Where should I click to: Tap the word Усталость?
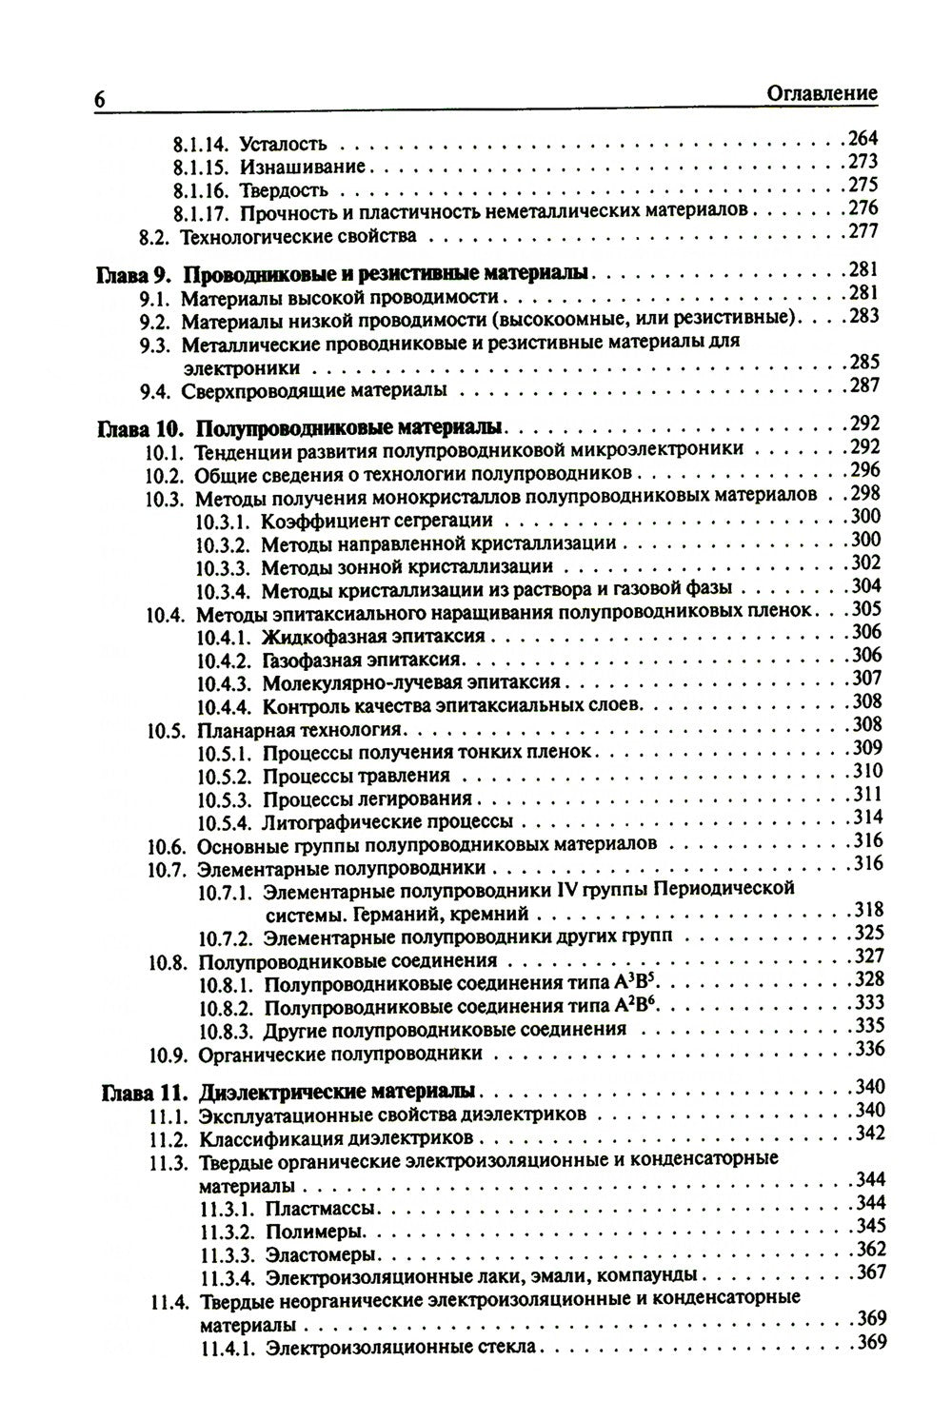coord(284,146)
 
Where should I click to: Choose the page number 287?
coord(864,385)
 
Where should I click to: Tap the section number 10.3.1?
coord(223,521)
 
